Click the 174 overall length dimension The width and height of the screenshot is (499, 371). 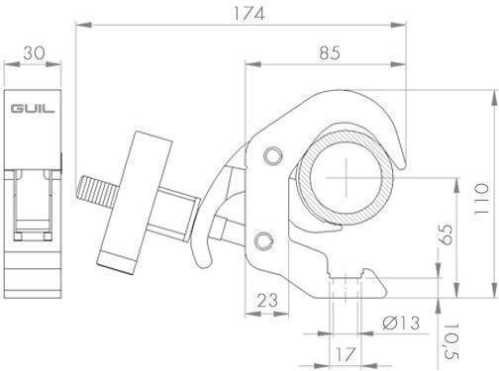[249, 14]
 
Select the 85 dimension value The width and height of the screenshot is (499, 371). [330, 52]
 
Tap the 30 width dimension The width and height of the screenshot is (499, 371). [34, 52]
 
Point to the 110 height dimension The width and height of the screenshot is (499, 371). [481, 199]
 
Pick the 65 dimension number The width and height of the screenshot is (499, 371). [447, 234]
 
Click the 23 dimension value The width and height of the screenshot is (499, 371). [267, 301]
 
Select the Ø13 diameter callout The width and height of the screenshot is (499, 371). [401, 323]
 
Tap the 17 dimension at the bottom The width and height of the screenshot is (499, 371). [346, 354]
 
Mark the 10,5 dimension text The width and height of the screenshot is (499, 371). [450, 341]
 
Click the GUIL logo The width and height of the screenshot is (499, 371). [33, 109]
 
